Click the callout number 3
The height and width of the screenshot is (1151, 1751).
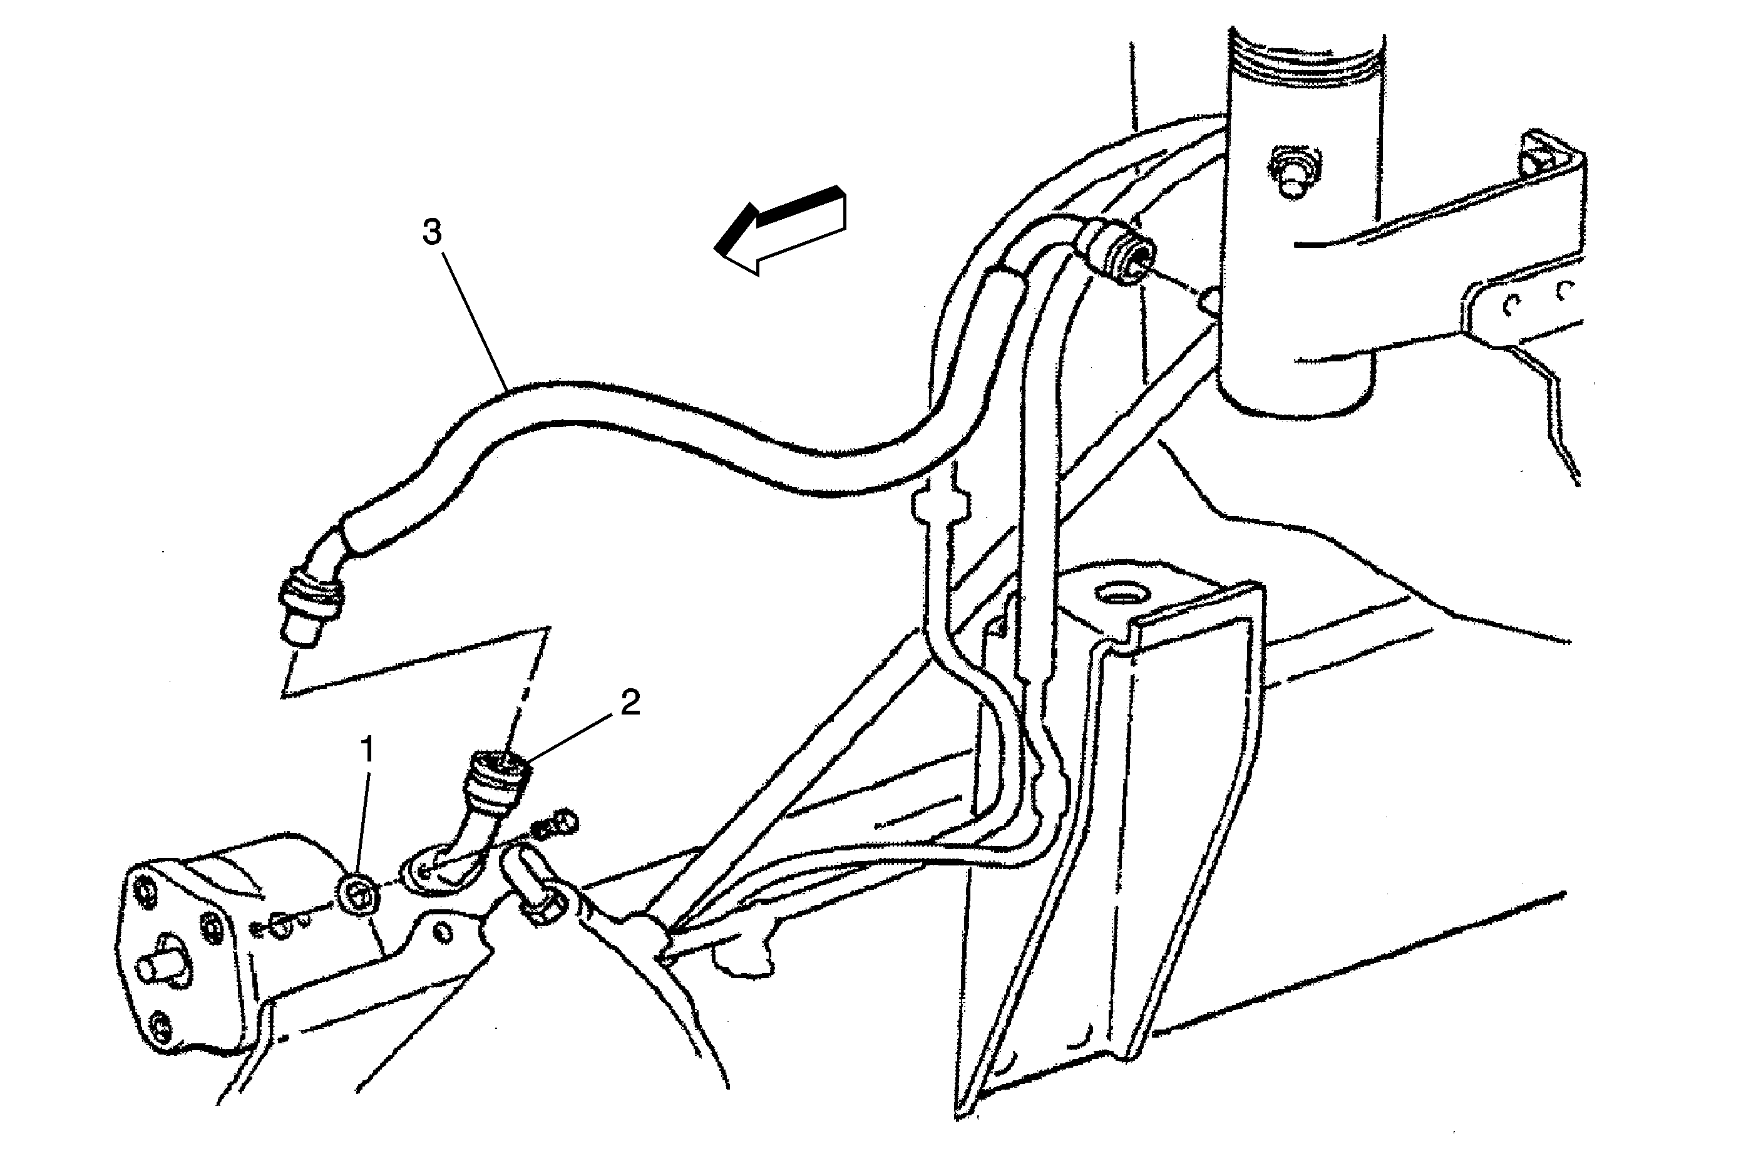click(x=432, y=232)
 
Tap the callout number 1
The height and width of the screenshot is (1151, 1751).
click(x=366, y=751)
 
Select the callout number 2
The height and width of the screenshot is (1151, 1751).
click(x=630, y=703)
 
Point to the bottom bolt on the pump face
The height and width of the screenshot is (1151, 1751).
click(x=160, y=1025)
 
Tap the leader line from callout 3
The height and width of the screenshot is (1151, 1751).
click(x=476, y=319)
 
